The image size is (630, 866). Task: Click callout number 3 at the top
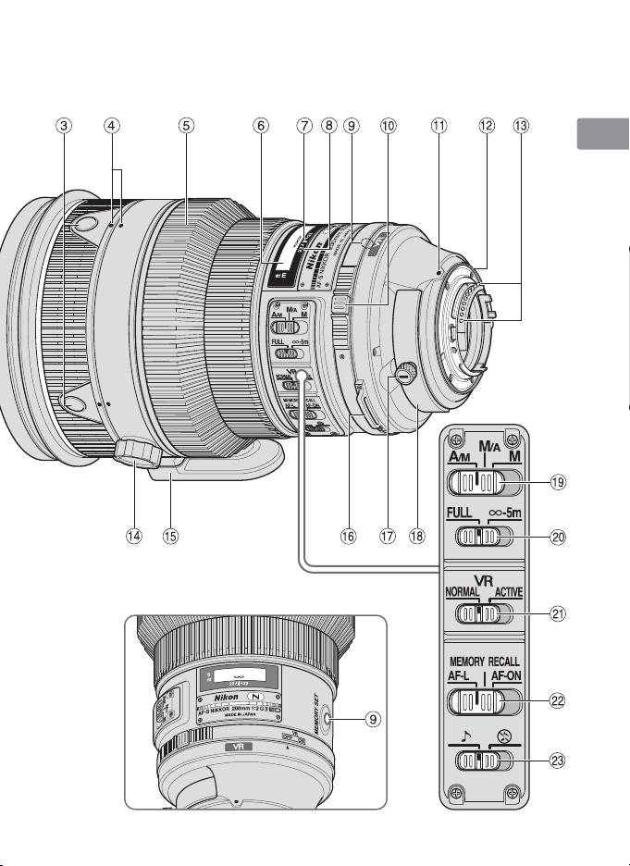(x=62, y=129)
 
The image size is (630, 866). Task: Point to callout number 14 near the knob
(x=134, y=538)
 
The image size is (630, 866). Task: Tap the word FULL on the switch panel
(x=465, y=513)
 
